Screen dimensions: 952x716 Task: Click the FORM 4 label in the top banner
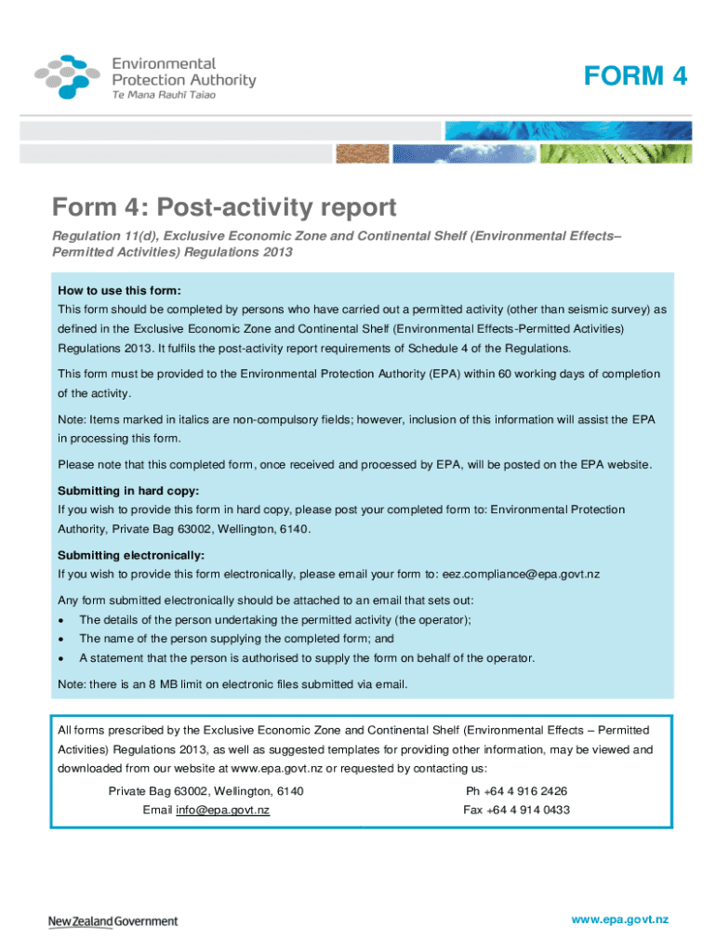(636, 76)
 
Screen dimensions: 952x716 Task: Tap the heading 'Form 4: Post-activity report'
(224, 206)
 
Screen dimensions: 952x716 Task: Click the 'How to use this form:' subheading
(119, 290)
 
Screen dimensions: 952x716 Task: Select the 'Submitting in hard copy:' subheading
(128, 491)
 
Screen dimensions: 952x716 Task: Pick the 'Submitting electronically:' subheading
(131, 556)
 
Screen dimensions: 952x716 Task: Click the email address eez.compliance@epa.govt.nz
(521, 575)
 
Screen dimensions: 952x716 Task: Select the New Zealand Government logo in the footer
(113, 921)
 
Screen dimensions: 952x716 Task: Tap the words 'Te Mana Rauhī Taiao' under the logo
(165, 97)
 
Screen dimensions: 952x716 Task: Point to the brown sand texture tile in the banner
(362, 153)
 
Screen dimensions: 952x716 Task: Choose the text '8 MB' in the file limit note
(196, 686)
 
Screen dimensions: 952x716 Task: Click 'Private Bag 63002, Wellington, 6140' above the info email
(206, 792)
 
